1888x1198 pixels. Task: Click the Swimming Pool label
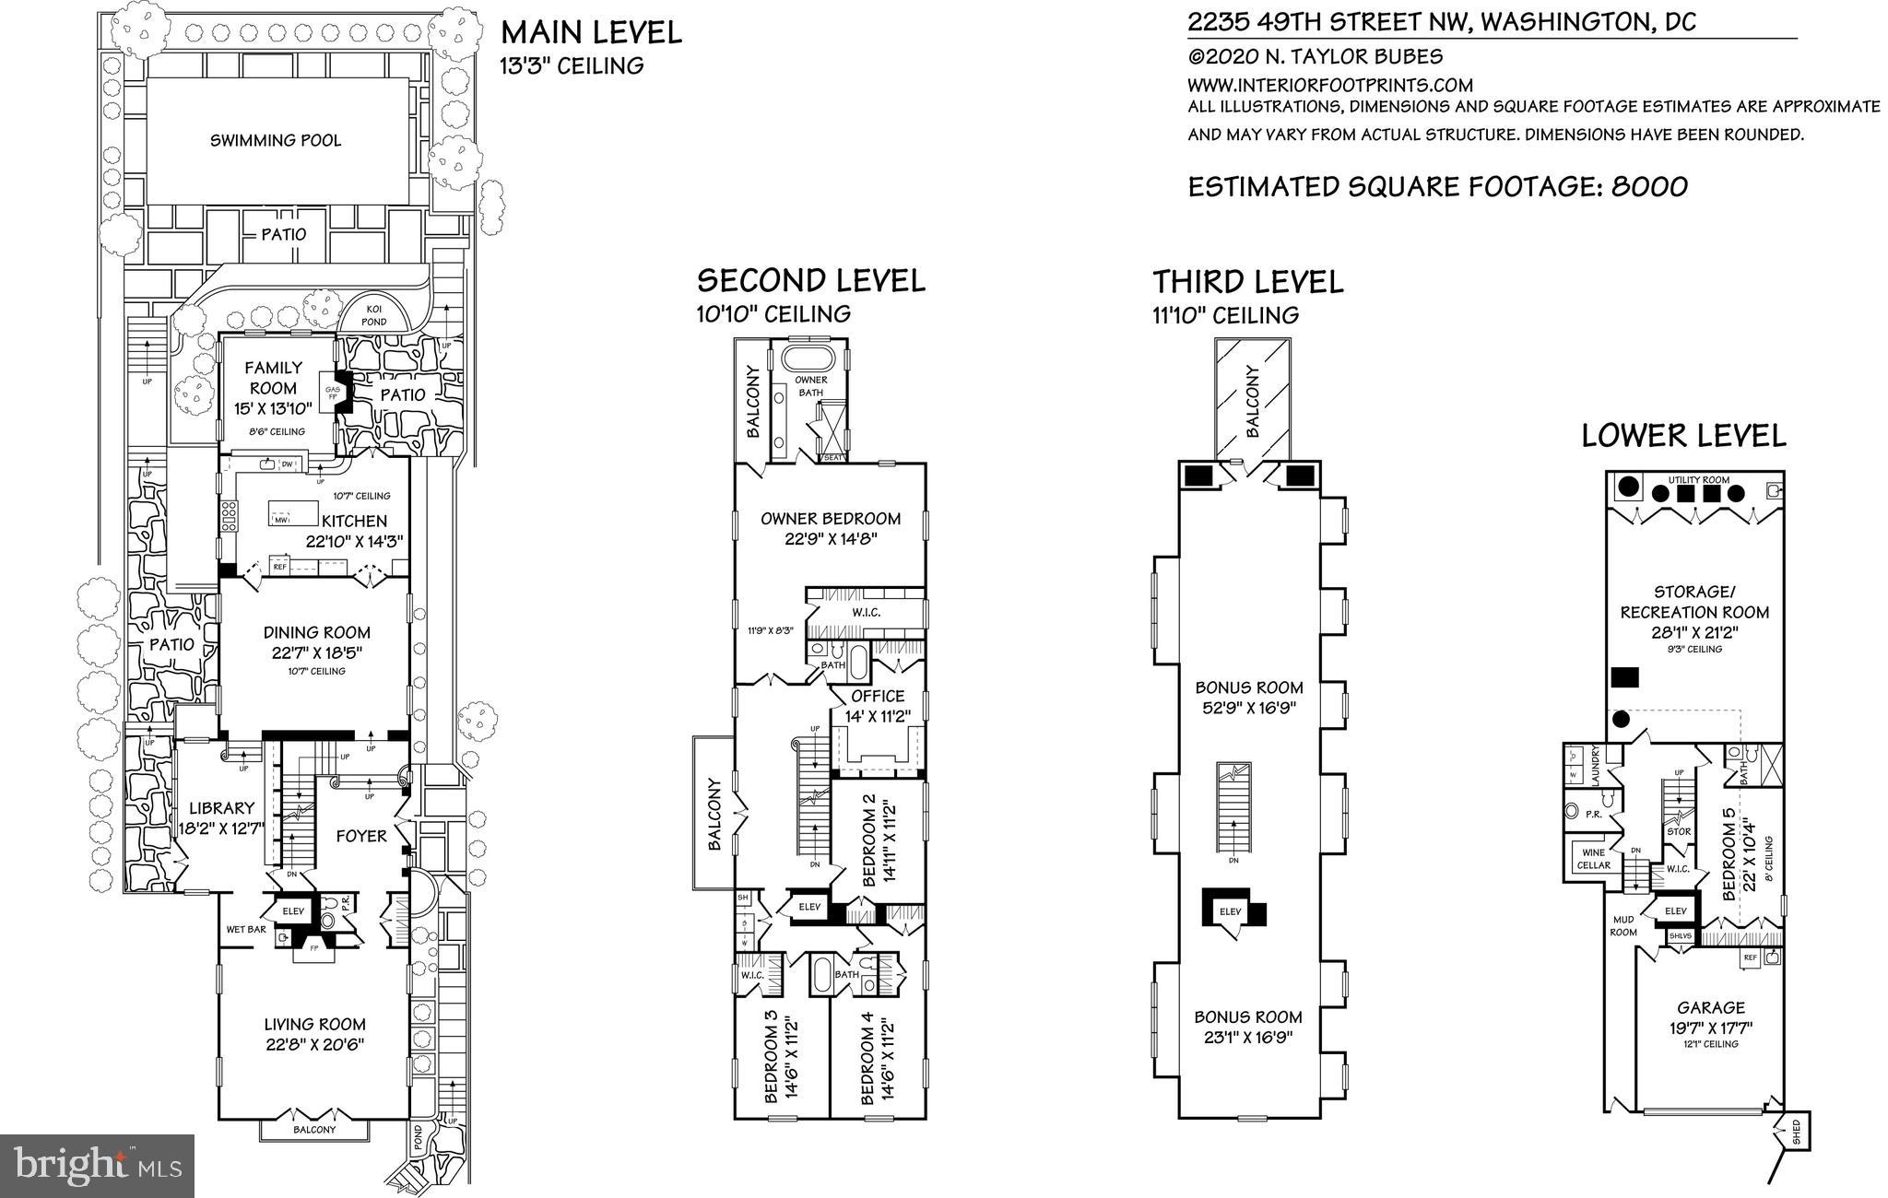(275, 140)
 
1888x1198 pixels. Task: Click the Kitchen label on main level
(354, 522)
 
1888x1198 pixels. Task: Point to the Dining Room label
(316, 632)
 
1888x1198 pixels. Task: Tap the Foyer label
(360, 836)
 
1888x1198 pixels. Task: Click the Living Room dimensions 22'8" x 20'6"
(315, 1044)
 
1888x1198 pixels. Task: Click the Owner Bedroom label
(830, 518)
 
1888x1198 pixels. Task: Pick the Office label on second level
(877, 696)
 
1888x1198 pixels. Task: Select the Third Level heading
(1247, 281)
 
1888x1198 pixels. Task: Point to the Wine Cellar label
(1594, 859)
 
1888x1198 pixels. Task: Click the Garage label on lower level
(1711, 1008)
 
